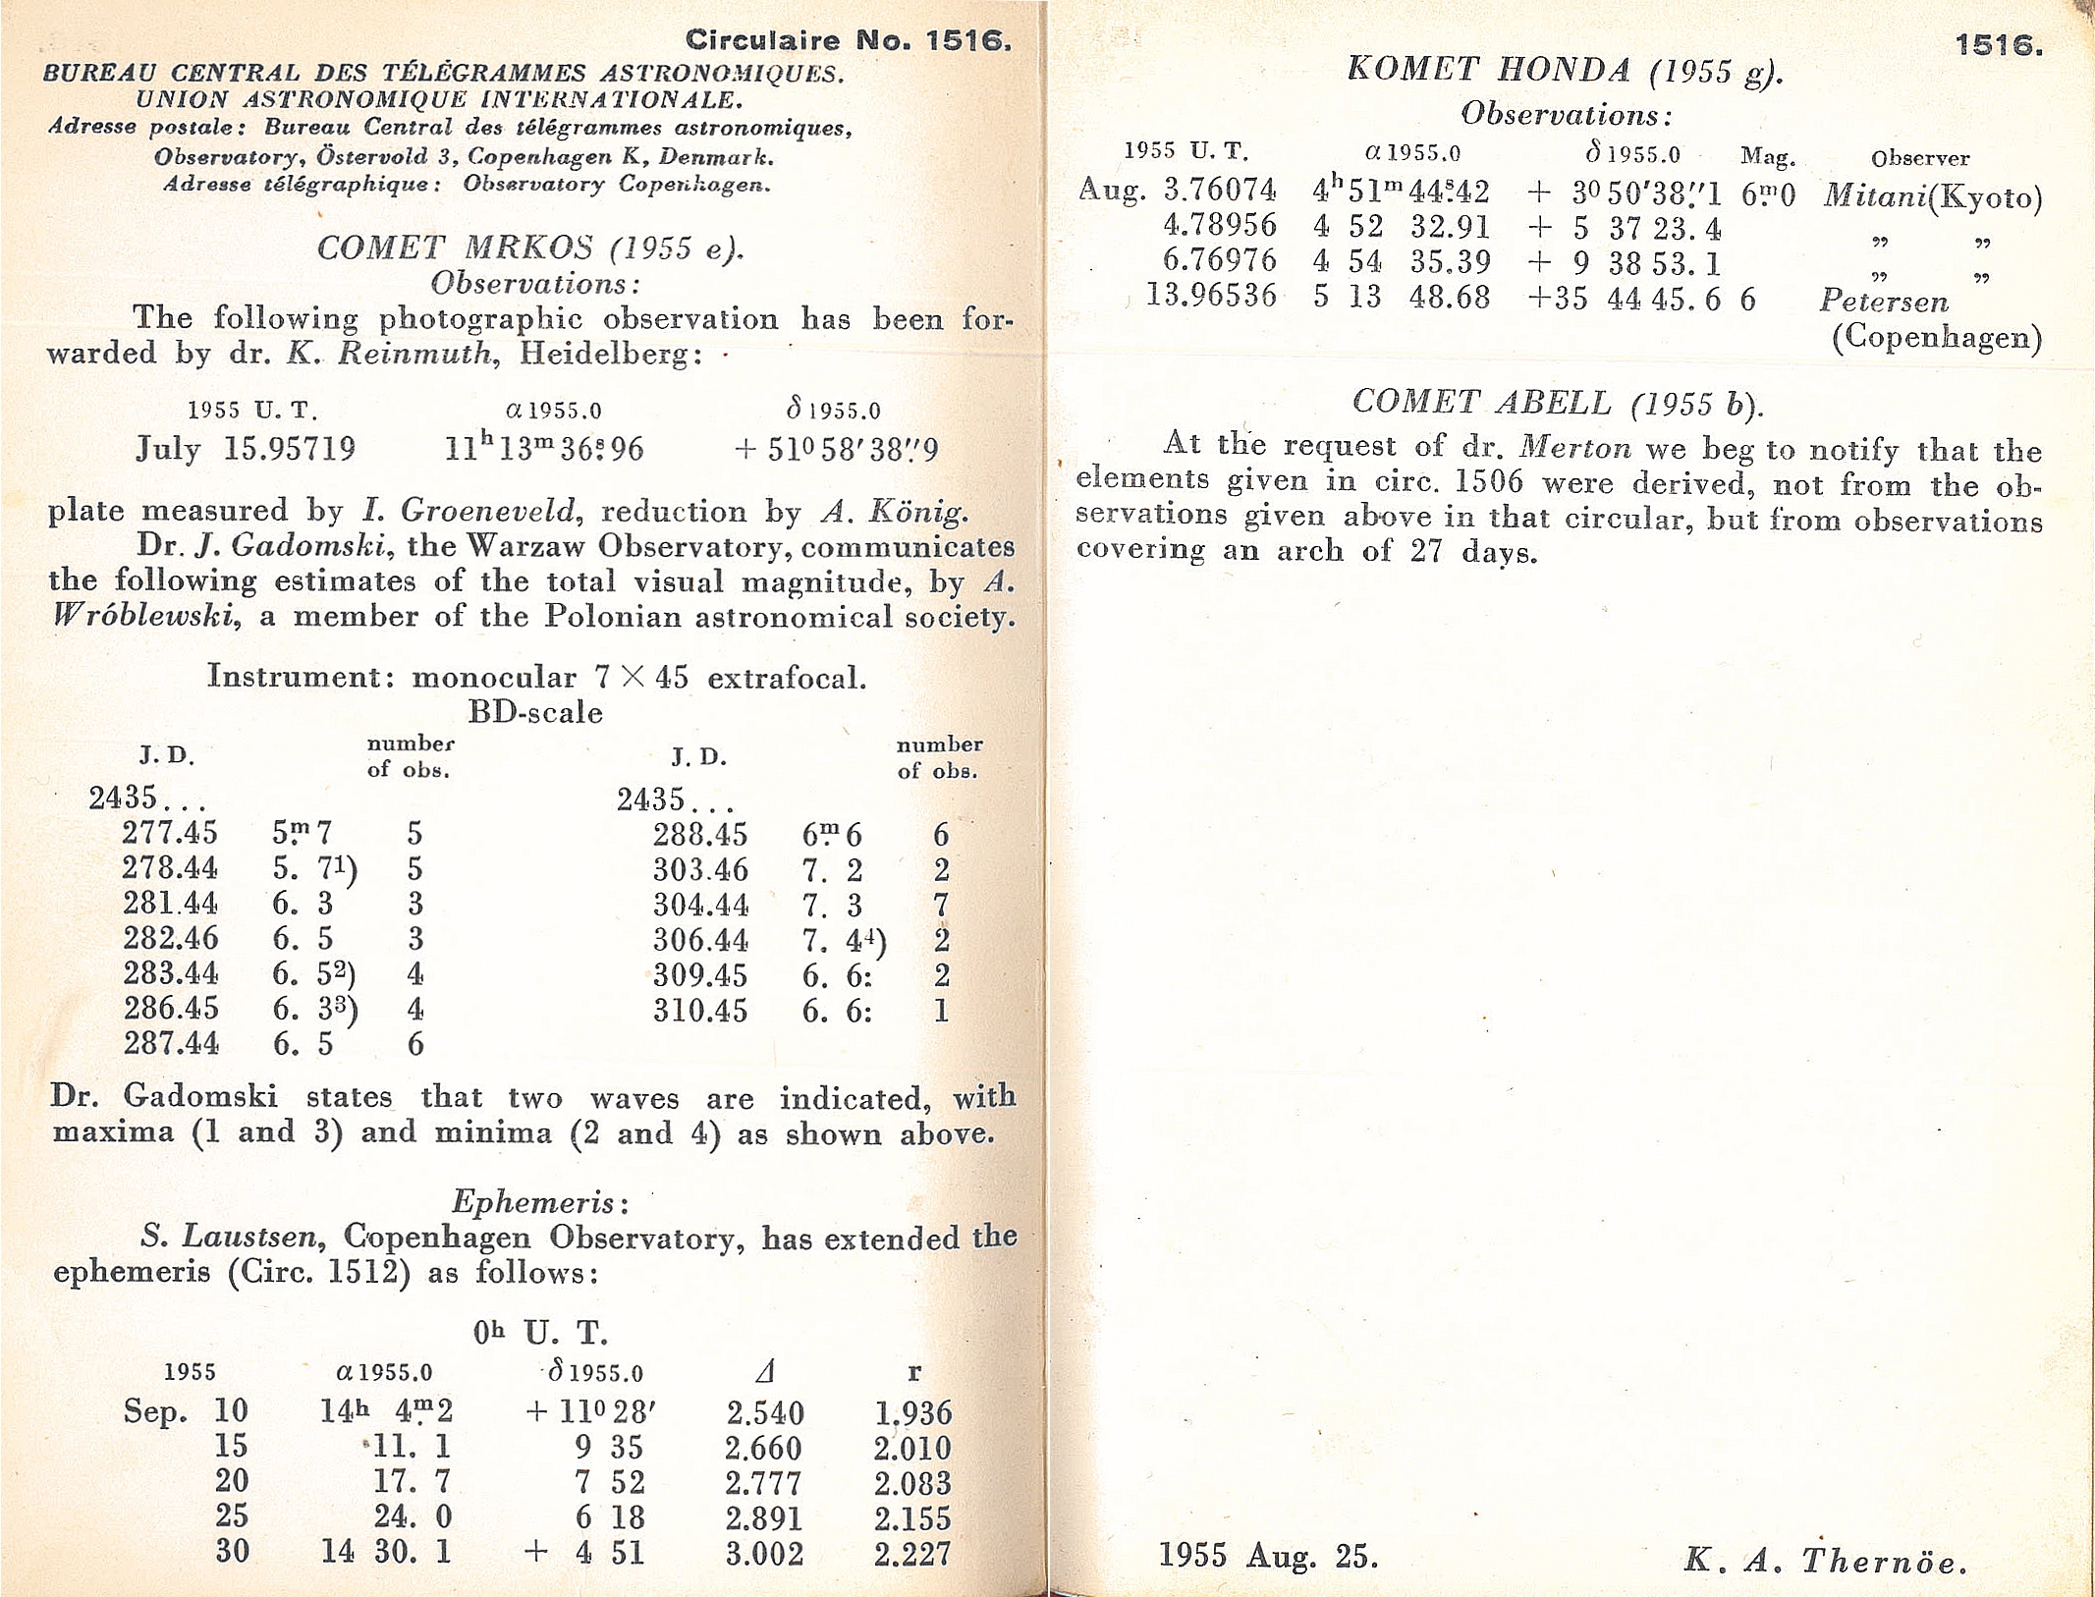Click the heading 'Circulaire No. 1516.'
848,40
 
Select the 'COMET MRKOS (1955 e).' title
530,248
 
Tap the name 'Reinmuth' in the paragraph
415,353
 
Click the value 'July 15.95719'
246,449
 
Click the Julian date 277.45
170,833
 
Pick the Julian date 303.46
700,870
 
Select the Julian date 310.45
700,1011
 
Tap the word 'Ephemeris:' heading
539,1201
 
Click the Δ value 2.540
765,1413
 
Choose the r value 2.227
912,1553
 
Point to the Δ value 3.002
765,1553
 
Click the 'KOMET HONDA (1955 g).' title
1565,70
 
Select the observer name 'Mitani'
1874,196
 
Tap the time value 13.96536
1212,295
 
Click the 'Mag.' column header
1768,156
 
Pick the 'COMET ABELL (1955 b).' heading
1557,403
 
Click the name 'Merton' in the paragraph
1574,448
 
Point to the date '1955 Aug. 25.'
1268,1556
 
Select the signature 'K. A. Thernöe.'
1826,1561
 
